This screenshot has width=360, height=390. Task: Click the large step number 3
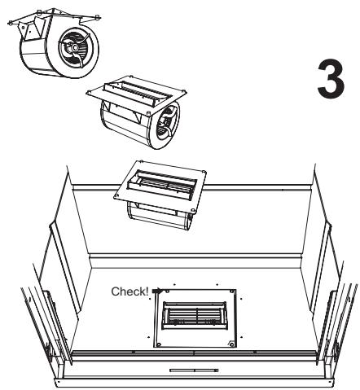(x=331, y=79)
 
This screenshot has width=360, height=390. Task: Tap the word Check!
(x=130, y=291)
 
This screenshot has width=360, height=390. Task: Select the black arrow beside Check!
(x=157, y=291)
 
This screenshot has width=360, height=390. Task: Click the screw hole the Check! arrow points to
(x=167, y=291)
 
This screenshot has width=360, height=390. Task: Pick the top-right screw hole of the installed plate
(x=231, y=291)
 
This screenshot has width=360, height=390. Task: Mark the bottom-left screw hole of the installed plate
(x=159, y=344)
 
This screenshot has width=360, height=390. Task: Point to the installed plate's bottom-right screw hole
(x=231, y=344)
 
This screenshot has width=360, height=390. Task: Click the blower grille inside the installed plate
(x=195, y=315)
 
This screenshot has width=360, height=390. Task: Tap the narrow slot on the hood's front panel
(x=194, y=370)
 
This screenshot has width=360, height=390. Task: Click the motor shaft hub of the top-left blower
(x=74, y=48)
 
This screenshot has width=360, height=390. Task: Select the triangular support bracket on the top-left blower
(x=31, y=30)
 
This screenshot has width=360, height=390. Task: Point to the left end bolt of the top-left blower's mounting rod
(x=10, y=23)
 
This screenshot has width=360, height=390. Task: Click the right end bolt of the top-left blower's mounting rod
(x=98, y=17)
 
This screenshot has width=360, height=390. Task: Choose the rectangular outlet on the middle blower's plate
(x=138, y=91)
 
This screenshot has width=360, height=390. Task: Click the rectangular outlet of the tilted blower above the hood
(x=162, y=182)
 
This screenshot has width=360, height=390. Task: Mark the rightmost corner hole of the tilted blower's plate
(x=204, y=172)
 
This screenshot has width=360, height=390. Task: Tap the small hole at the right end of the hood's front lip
(x=329, y=383)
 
